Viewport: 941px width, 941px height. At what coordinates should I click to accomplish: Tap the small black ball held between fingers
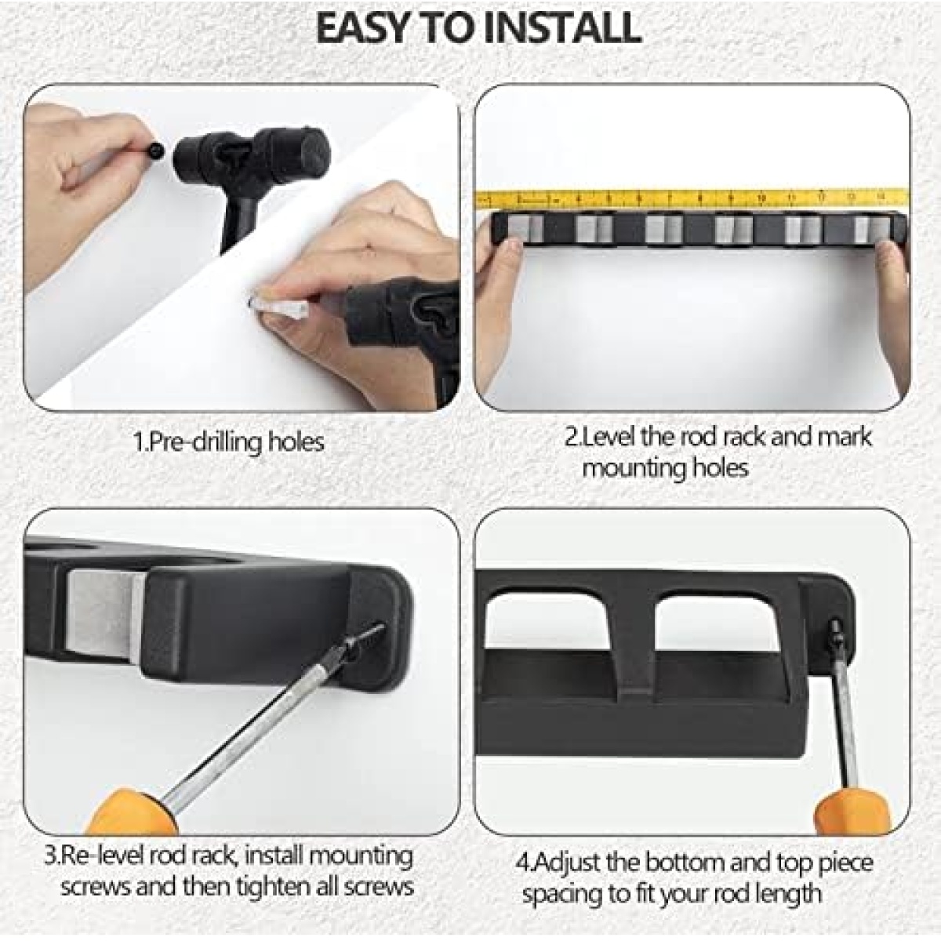157,150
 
